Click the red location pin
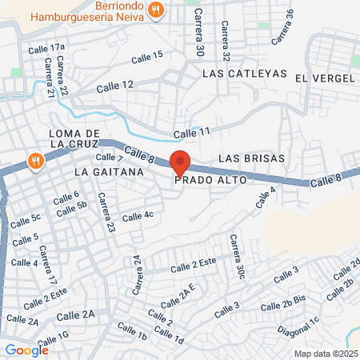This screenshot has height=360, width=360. tap(180, 162)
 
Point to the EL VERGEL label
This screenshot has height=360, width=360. tap(324, 78)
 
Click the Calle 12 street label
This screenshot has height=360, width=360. tap(116, 85)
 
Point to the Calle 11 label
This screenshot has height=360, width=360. tap(192, 131)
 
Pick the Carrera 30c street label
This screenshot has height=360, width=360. tap(236, 256)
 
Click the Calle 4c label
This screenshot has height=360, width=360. tap(137, 216)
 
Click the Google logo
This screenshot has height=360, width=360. tap(26, 349)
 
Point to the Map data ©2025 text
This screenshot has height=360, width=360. tap(325, 354)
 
